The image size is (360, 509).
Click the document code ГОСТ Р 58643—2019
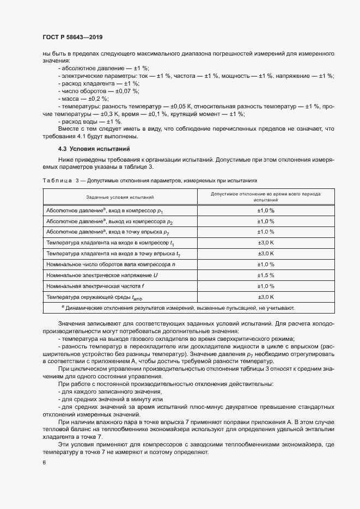pos(72,37)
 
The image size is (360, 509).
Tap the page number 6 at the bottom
pos(44,463)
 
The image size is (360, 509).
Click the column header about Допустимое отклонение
pos(265,197)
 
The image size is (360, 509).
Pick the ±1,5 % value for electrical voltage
pos(265,275)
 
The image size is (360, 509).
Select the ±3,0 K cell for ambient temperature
pos(265,297)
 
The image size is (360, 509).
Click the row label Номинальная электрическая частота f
pos(96,286)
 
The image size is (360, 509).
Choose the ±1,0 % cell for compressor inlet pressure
pos(265,210)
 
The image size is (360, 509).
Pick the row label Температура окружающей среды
pos(94,297)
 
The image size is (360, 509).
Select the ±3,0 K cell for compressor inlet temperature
pos(265,242)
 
